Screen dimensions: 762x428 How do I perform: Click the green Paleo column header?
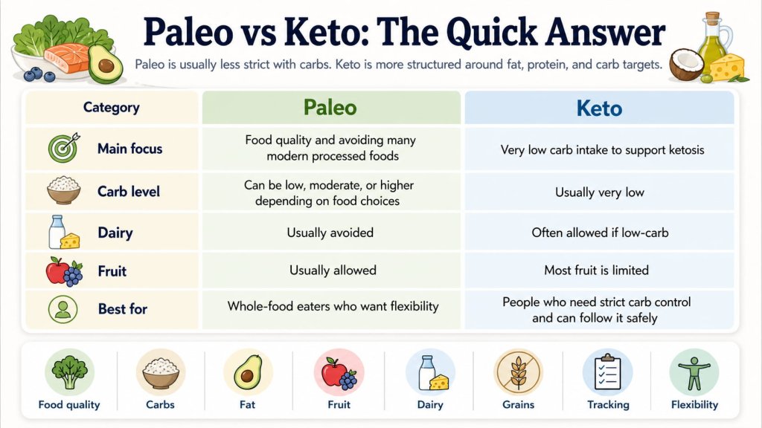pyautogui.click(x=330, y=107)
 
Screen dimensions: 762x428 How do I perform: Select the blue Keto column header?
pyautogui.click(x=599, y=107)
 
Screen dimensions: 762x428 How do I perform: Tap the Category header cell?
pyautogui.click(x=112, y=107)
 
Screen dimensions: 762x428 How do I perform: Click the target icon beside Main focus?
pyautogui.click(x=64, y=148)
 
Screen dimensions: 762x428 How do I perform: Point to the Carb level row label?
pyautogui.click(x=128, y=191)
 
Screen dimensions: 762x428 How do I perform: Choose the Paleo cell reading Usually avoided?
pyautogui.click(x=330, y=233)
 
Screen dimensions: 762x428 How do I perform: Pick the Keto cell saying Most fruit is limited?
pyautogui.click(x=597, y=270)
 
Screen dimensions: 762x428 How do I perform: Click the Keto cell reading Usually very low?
pyautogui.click(x=600, y=192)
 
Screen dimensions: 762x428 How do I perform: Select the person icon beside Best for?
pyautogui.click(x=63, y=309)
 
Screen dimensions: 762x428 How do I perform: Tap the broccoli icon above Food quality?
pyautogui.click(x=69, y=372)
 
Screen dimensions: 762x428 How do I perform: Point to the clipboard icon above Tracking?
pyautogui.click(x=607, y=372)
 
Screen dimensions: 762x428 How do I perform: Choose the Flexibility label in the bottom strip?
pyautogui.click(x=694, y=405)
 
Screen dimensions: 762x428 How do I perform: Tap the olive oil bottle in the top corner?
pyautogui.click(x=714, y=42)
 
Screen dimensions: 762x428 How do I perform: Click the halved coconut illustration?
pyautogui.click(x=685, y=65)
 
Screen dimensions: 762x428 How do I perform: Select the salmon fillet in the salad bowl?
pyautogui.click(x=68, y=57)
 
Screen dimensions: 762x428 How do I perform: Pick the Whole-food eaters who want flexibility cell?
pyautogui.click(x=333, y=306)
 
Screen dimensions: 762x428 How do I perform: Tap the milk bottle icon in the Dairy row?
pyautogui.click(x=57, y=232)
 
